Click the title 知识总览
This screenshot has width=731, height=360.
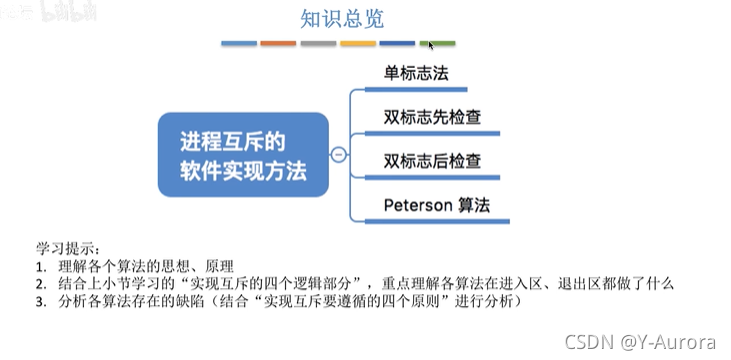pyautogui.click(x=342, y=18)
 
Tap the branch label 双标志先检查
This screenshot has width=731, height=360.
pyautogui.click(x=433, y=117)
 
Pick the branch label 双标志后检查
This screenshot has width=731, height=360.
pyautogui.click(x=433, y=160)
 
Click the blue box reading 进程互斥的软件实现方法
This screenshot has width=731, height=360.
pyautogui.click(x=243, y=154)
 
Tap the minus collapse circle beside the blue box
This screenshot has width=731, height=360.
pyautogui.click(x=339, y=155)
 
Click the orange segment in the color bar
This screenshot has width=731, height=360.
pyautogui.click(x=278, y=44)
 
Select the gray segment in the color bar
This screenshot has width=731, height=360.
pyautogui.click(x=318, y=44)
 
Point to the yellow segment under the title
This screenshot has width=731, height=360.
pyautogui.click(x=358, y=44)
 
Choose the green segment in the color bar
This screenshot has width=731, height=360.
pyautogui.click(x=437, y=44)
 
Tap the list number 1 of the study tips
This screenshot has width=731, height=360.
pyautogui.click(x=40, y=265)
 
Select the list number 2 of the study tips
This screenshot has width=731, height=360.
pyautogui.click(x=40, y=283)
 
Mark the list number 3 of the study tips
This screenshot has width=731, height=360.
pyautogui.click(x=40, y=300)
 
